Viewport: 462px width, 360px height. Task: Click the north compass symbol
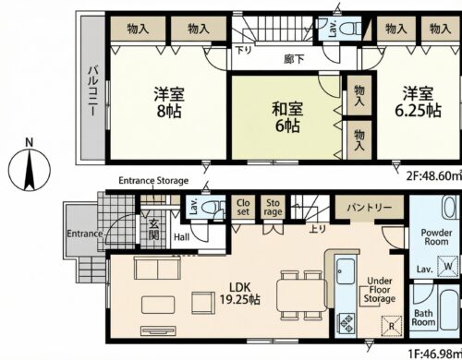point(30,168)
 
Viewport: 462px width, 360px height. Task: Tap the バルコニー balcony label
point(93,88)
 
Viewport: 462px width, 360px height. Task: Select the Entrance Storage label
point(153,180)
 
